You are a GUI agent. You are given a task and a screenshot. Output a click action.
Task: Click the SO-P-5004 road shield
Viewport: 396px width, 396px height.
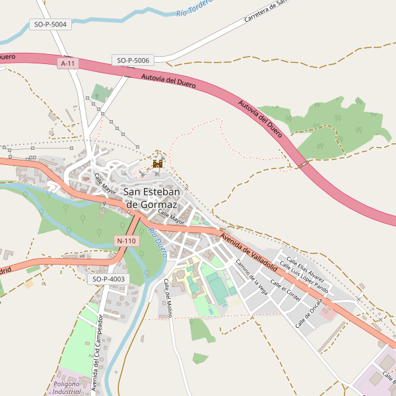[50, 24]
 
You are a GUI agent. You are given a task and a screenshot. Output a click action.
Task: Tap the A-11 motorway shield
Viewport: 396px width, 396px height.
[67, 63]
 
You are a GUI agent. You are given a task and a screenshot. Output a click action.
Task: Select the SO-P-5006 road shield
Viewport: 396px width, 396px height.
[133, 60]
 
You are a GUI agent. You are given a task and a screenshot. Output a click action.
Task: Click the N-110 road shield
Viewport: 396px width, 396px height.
[126, 241]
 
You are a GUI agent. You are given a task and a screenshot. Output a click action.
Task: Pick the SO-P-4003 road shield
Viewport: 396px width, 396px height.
[108, 279]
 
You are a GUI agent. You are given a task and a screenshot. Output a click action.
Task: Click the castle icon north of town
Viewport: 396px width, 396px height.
[158, 162]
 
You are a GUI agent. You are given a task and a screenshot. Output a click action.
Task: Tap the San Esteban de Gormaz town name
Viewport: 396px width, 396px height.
[158, 198]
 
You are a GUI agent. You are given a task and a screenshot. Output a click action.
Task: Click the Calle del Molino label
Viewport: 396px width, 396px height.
[168, 298]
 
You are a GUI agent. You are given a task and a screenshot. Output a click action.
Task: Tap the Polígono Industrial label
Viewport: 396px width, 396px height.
[66, 387]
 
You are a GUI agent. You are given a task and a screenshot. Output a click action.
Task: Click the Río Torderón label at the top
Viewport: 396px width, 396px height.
[196, 8]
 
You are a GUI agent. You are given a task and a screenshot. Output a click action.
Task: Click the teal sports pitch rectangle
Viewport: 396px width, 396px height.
[216, 287]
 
